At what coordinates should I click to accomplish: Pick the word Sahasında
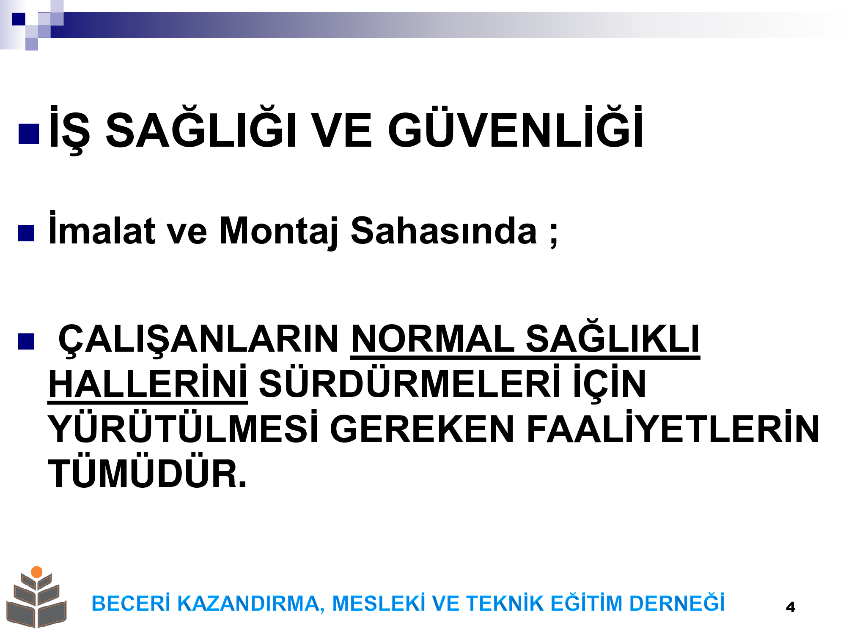click(444, 230)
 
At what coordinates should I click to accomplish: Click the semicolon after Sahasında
click(554, 235)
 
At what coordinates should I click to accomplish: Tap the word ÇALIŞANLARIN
click(198, 341)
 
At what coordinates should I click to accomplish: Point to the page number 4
click(790, 607)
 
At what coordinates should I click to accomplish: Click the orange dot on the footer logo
click(37, 572)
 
